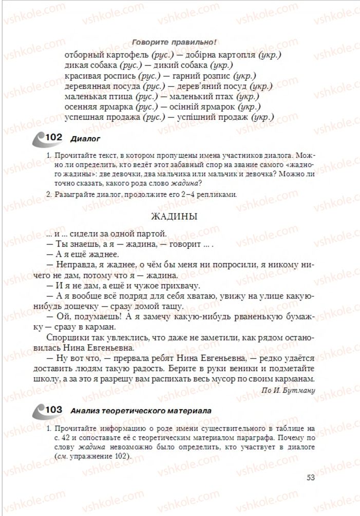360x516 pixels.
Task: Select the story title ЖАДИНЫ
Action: click(175, 217)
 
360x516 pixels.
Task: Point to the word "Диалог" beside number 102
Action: click(85, 138)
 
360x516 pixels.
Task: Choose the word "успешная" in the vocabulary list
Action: click(84, 117)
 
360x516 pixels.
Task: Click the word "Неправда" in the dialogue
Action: click(78, 265)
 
